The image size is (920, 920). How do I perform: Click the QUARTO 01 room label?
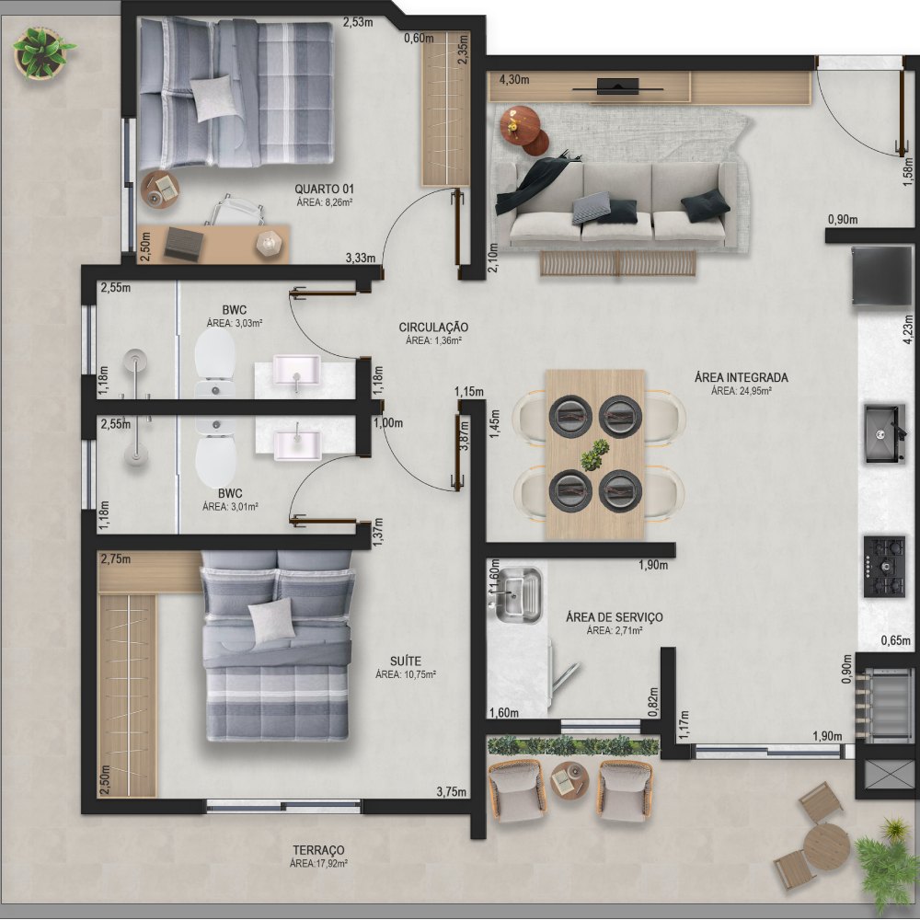(x=324, y=189)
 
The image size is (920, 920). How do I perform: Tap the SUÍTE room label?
(x=406, y=661)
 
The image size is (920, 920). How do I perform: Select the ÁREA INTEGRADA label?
(x=741, y=377)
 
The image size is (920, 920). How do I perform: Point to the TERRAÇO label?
(x=318, y=850)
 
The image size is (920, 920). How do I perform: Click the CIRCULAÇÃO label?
(x=433, y=328)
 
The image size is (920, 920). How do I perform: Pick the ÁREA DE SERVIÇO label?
(x=615, y=617)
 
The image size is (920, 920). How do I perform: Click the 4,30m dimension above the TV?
(x=514, y=79)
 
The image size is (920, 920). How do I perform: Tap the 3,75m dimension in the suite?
(x=451, y=791)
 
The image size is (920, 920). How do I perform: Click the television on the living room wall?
(x=618, y=86)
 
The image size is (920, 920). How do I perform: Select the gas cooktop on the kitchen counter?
(x=884, y=566)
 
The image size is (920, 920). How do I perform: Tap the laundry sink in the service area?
(x=516, y=594)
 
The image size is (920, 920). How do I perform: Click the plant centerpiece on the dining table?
(x=595, y=454)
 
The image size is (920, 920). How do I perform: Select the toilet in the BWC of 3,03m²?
(x=214, y=362)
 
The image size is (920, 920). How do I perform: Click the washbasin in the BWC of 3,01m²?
(x=297, y=443)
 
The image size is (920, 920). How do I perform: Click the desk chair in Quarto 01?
(x=235, y=210)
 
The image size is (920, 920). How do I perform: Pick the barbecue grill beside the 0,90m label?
(x=885, y=704)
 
